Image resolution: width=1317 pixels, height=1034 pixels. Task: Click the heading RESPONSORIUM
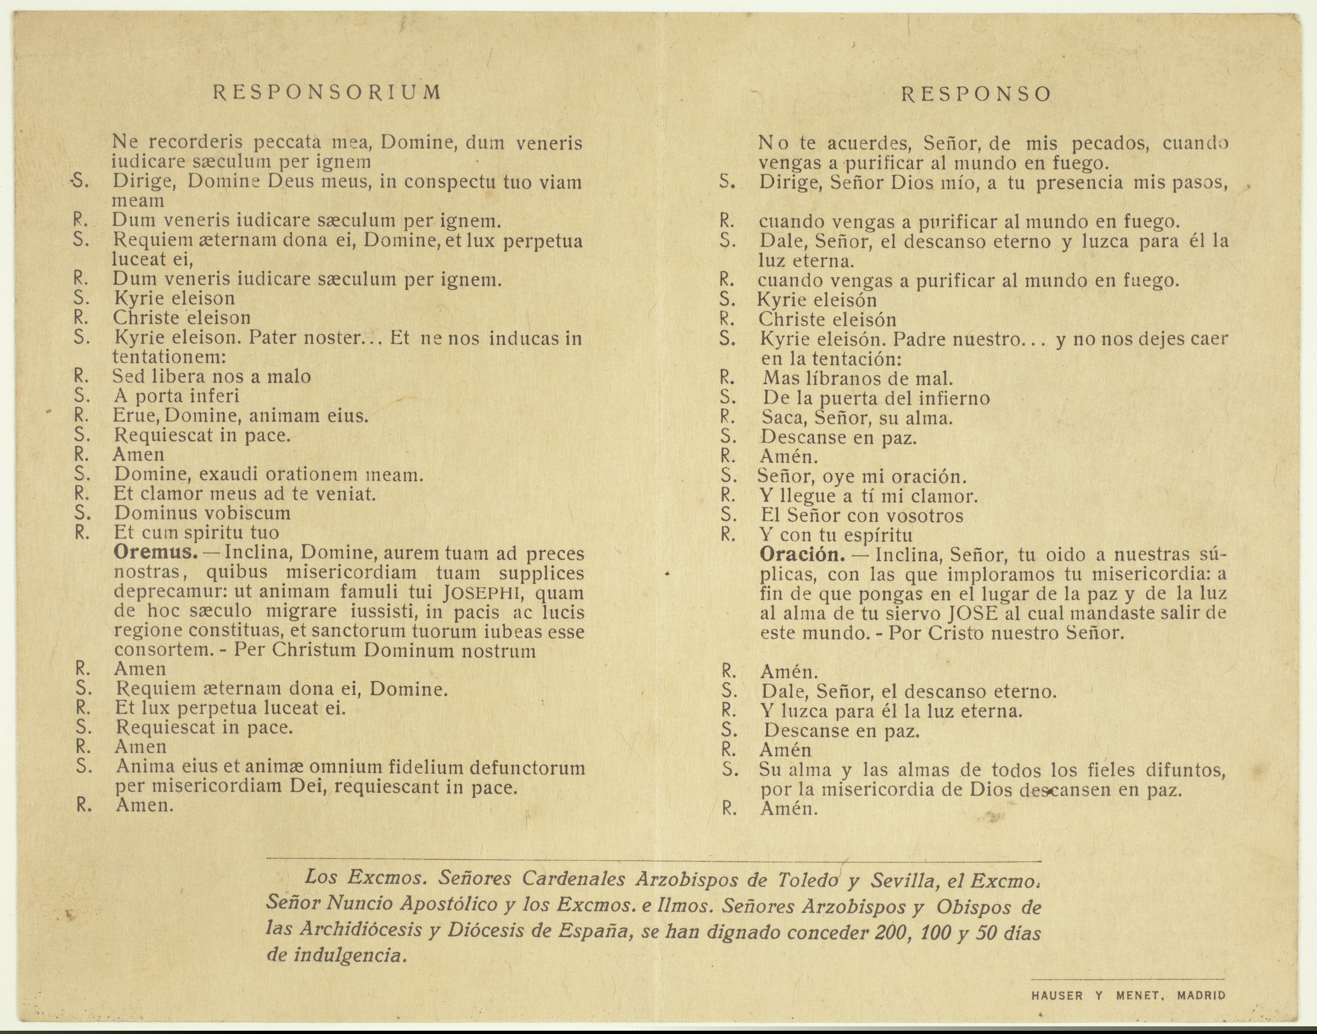click(x=327, y=92)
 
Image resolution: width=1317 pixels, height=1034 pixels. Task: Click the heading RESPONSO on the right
click(x=977, y=94)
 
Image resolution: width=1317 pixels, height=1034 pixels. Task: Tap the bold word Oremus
click(x=156, y=553)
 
